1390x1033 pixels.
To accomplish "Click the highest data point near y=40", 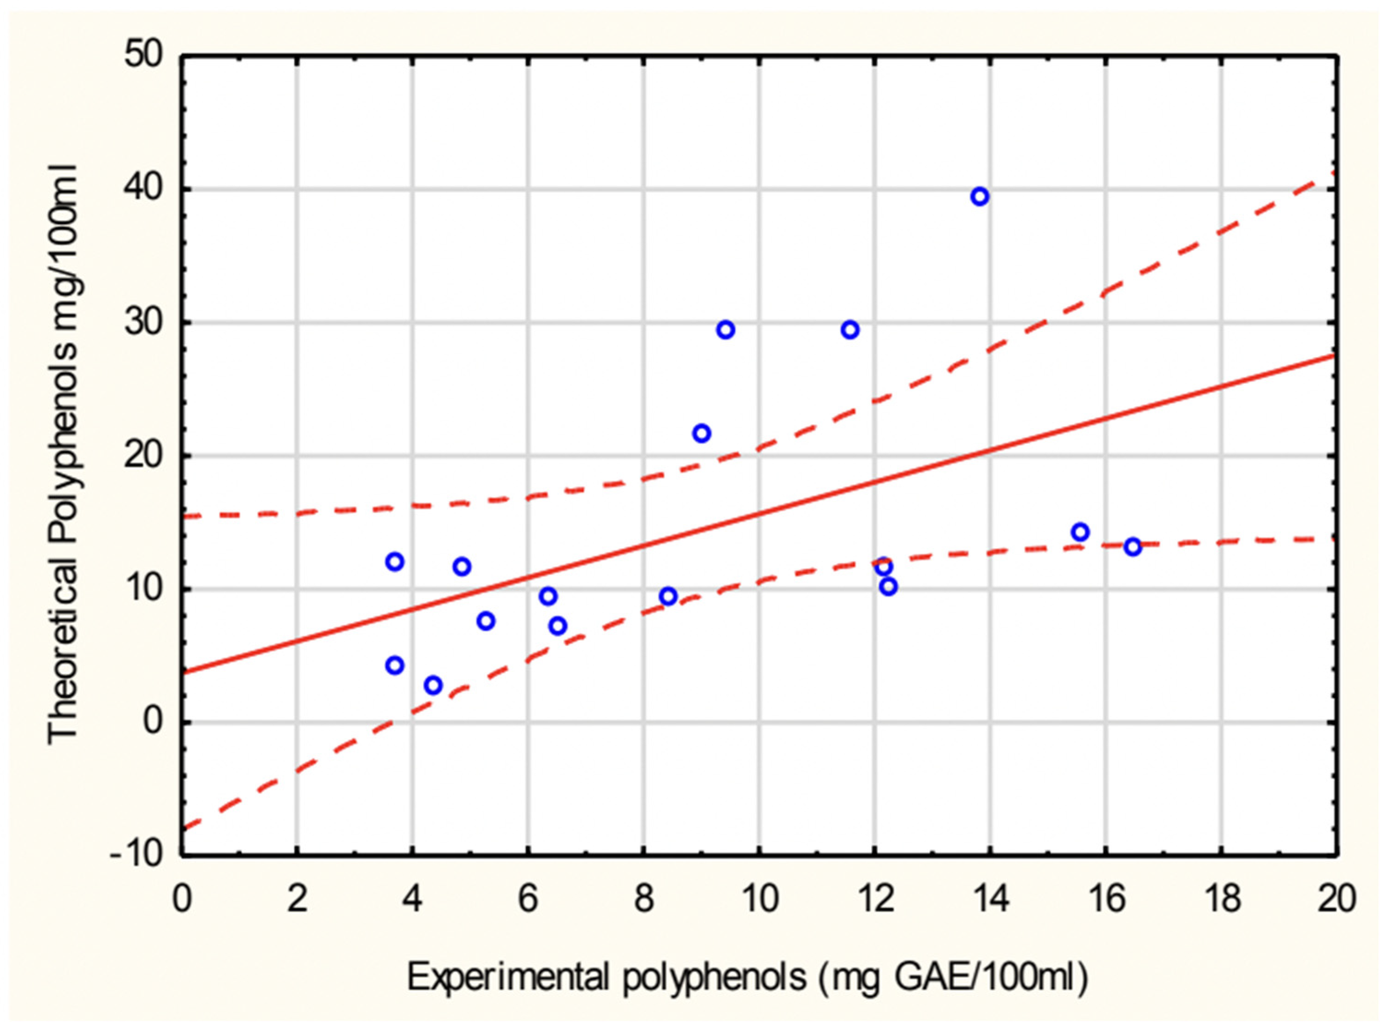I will click(980, 197).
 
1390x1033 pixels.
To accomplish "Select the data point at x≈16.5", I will click(1133, 547).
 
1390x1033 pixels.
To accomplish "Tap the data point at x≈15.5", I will click(1080, 532).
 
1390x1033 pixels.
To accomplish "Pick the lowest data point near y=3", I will click(433, 685).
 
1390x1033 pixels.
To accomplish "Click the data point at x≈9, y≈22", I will click(701, 433).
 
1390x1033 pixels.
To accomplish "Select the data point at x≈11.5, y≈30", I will click(850, 330).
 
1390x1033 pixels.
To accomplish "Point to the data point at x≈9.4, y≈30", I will click(725, 330).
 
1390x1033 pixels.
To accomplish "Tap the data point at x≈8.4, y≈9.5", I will click(668, 597).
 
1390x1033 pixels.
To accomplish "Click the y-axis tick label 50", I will click(143, 56).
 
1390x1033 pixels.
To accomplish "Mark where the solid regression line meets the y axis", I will click(182, 673).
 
